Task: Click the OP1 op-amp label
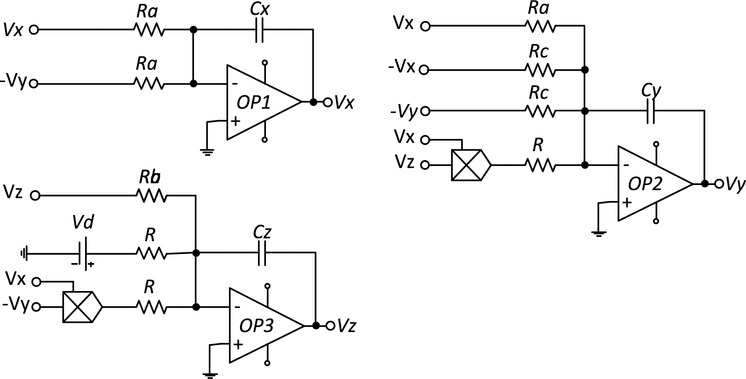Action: click(x=254, y=103)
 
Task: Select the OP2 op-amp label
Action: click(x=645, y=185)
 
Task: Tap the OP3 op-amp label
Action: click(x=256, y=326)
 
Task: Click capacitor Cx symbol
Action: click(x=259, y=30)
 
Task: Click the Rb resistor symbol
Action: click(x=152, y=196)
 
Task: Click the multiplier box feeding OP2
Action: click(x=470, y=165)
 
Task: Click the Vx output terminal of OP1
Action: click(x=328, y=102)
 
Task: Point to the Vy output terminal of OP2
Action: click(x=719, y=184)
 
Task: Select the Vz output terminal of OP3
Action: click(x=330, y=326)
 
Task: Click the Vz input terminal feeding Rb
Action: click(x=35, y=196)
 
